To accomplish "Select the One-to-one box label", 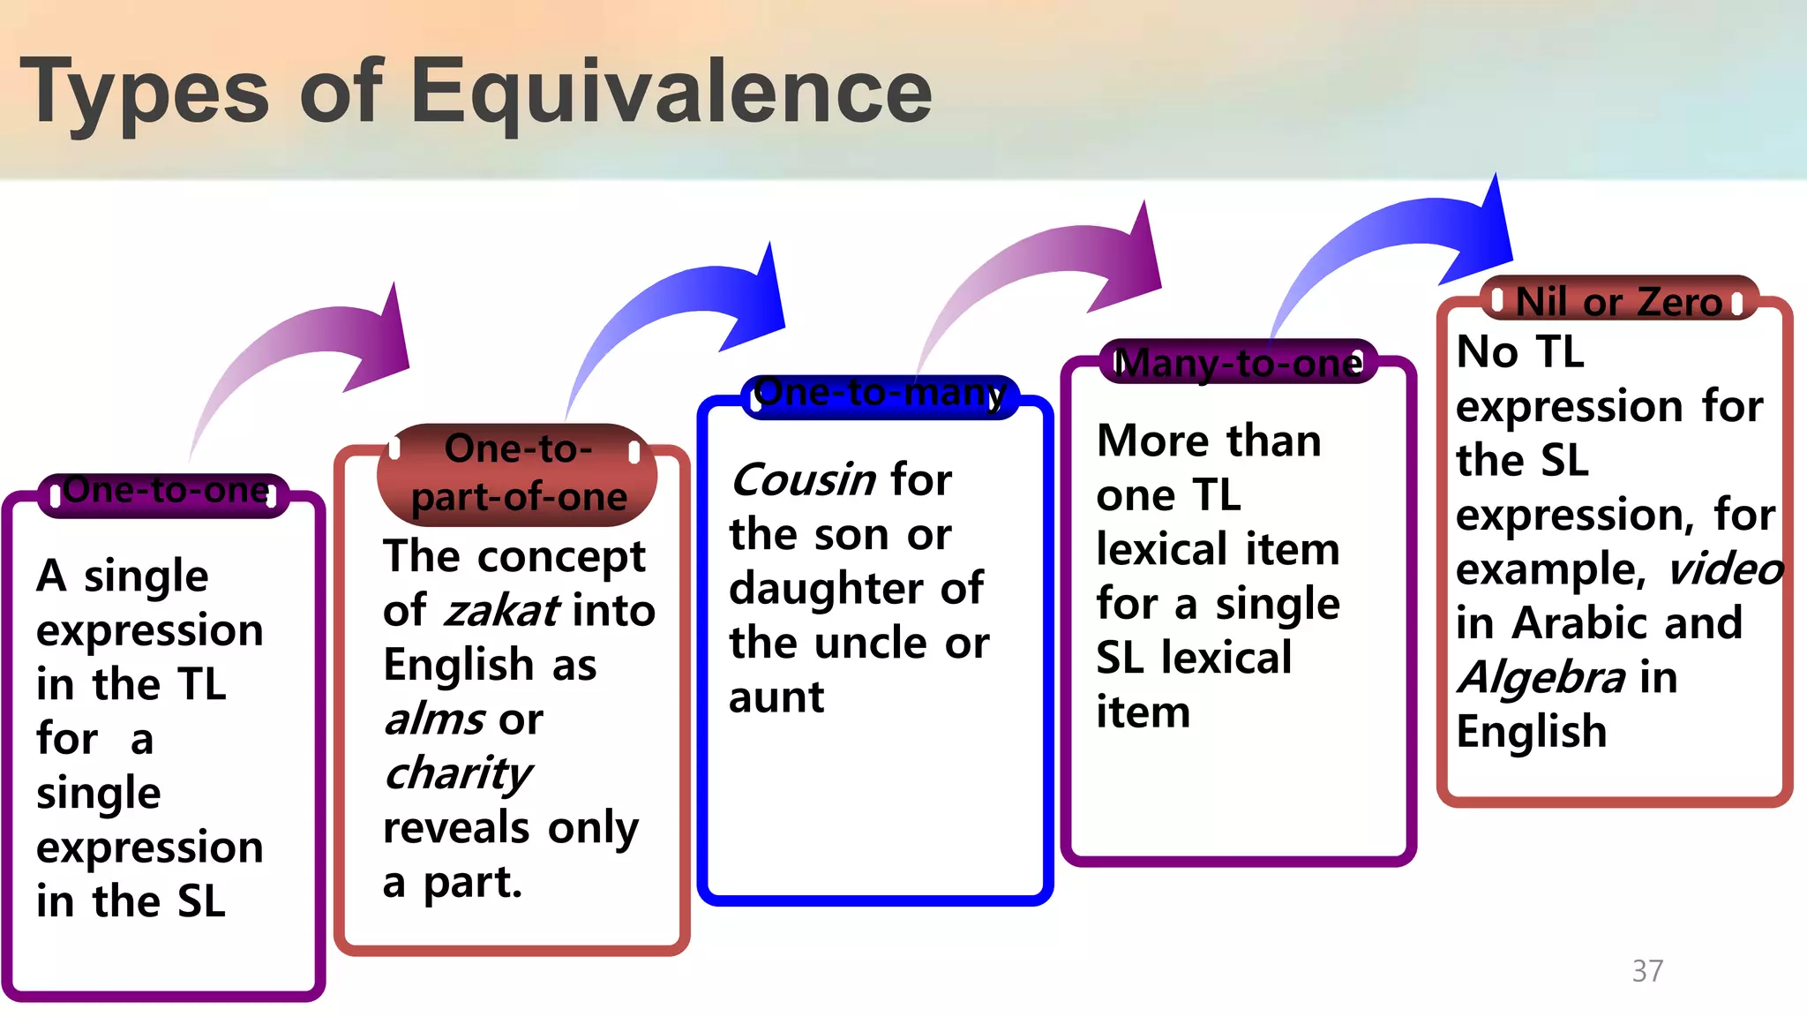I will pos(165,491).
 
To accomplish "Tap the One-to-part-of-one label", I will pos(518,473).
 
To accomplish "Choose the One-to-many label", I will pos(880,393).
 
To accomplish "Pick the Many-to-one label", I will pos(1238,363).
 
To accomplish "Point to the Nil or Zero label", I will pos(1618,302).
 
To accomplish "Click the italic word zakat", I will pos(501,610).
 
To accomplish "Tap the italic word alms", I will pos(434,719).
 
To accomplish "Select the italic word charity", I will pos(458,773).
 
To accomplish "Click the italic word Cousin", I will pos(803,480).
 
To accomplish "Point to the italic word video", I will pos(1724,569).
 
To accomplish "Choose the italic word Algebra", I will pos(1541,678).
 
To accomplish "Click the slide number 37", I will pos(1647,971).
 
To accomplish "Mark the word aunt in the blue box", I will pos(776,697).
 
